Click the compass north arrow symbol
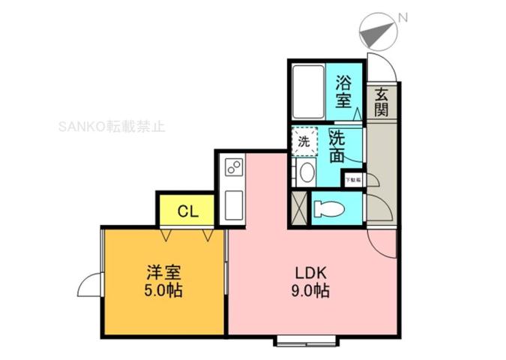(376, 32)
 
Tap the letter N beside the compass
(403, 16)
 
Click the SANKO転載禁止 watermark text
(112, 127)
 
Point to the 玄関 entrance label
(382, 103)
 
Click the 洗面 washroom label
(337, 146)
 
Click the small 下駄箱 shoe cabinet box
(352, 180)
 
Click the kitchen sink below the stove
(232, 201)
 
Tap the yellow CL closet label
(187, 211)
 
